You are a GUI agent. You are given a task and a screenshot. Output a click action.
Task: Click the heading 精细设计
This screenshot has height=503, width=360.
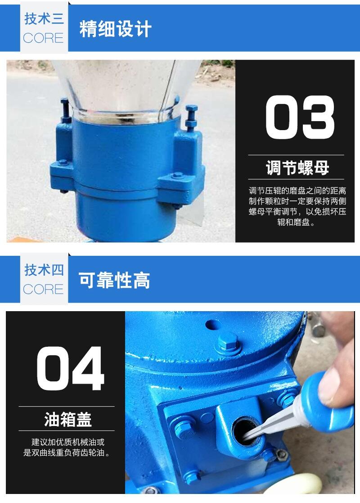(x=115, y=29)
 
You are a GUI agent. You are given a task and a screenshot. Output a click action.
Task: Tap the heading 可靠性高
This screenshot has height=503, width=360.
(x=114, y=280)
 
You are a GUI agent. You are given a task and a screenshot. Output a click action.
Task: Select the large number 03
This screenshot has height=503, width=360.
(x=300, y=117)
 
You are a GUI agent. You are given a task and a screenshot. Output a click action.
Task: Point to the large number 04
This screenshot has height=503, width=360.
(x=71, y=368)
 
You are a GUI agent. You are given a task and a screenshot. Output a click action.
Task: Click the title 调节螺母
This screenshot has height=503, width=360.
(x=297, y=168)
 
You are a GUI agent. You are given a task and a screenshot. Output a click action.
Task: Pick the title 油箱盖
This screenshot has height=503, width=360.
(x=68, y=419)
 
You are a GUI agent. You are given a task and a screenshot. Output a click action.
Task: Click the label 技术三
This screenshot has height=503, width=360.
(x=44, y=18)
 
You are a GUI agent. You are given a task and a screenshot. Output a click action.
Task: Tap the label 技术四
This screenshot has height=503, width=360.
(x=44, y=270)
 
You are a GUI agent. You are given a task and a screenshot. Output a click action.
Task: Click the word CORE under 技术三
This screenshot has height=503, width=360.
(x=43, y=38)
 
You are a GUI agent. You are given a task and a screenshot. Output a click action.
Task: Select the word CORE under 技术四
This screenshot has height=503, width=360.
(x=43, y=290)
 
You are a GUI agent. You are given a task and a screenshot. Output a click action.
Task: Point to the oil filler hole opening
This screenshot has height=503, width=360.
(x=245, y=431)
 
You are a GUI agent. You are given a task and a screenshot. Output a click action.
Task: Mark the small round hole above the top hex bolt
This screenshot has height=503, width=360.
(x=213, y=325)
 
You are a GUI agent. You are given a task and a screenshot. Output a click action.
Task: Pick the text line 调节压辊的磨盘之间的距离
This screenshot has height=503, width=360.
(x=297, y=191)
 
